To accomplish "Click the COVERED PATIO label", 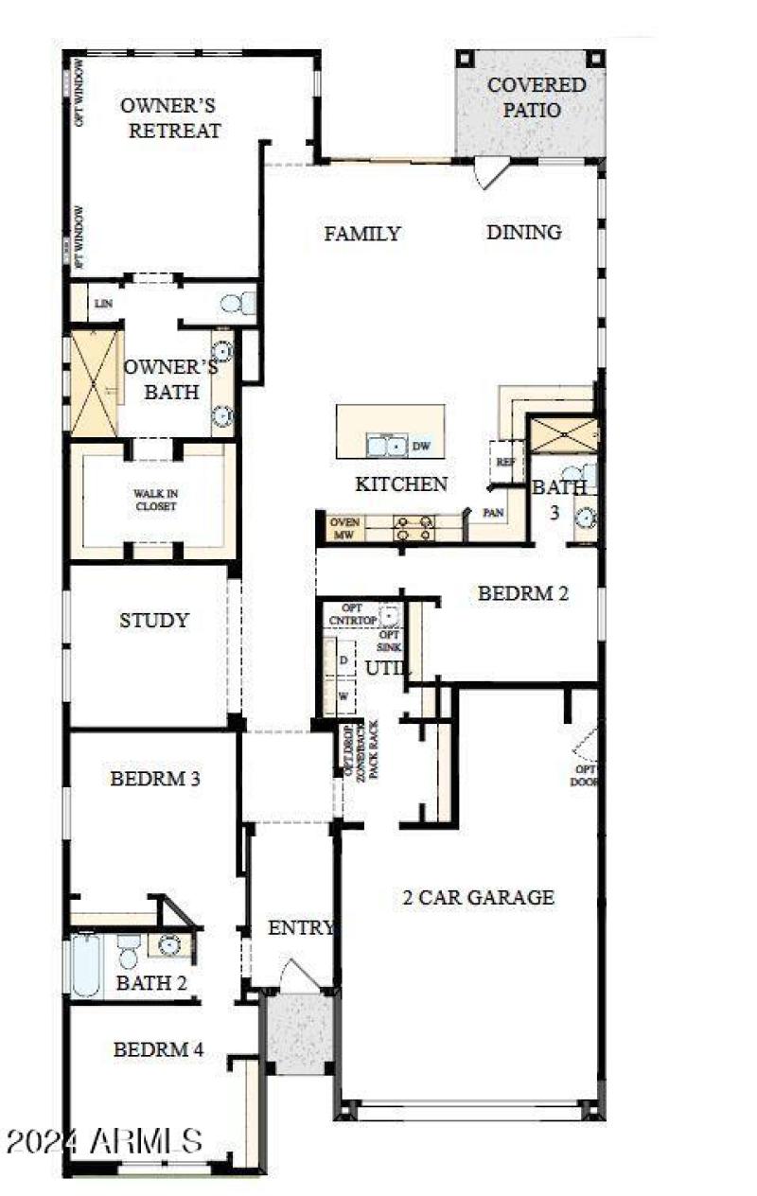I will click(x=536, y=97).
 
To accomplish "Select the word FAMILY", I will click(x=362, y=233).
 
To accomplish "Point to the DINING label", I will click(x=524, y=232).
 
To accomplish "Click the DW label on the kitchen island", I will click(x=420, y=446).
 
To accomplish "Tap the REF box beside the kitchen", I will click(x=502, y=461).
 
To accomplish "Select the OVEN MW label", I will click(x=342, y=528).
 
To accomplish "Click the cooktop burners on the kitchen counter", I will click(x=414, y=528).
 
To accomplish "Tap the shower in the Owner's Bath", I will click(x=95, y=382).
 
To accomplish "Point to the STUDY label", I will click(x=153, y=621).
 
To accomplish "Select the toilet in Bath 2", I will click(x=129, y=950).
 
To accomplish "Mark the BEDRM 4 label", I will click(x=157, y=1049).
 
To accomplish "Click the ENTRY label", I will click(x=301, y=928).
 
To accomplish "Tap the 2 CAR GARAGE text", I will click(x=473, y=897).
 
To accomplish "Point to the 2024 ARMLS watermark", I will click(x=103, y=1140).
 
